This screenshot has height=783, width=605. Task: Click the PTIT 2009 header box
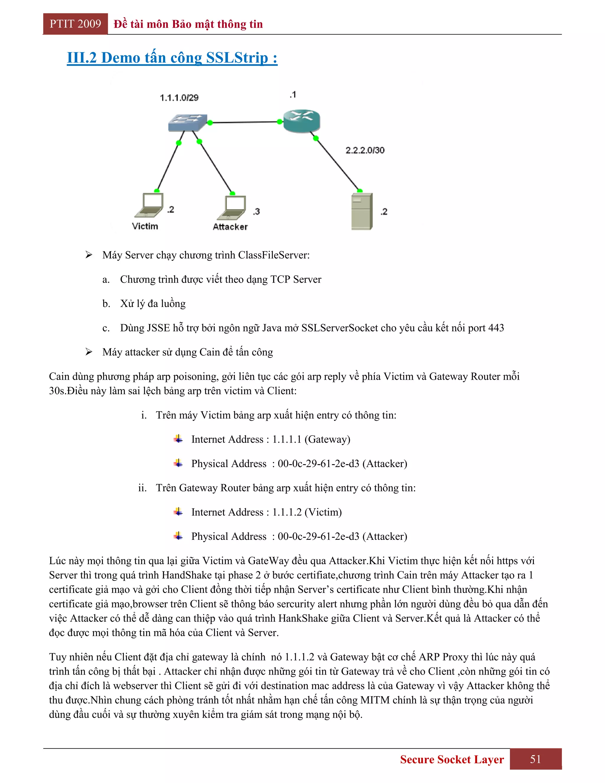75,24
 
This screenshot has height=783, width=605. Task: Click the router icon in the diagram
301,121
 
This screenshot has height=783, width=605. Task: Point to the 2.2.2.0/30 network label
365,150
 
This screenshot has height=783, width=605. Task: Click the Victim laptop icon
149,205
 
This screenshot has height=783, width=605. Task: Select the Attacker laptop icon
232,208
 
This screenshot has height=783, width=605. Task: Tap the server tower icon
362,211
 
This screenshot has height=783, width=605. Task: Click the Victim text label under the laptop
145,226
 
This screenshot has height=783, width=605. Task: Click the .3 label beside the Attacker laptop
256,212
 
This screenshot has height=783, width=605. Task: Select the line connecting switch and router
245,122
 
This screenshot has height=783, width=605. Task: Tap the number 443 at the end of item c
496,328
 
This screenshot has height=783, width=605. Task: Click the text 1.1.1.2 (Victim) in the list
307,512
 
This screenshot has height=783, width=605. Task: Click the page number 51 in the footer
536,759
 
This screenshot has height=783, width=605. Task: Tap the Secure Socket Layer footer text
452,759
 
